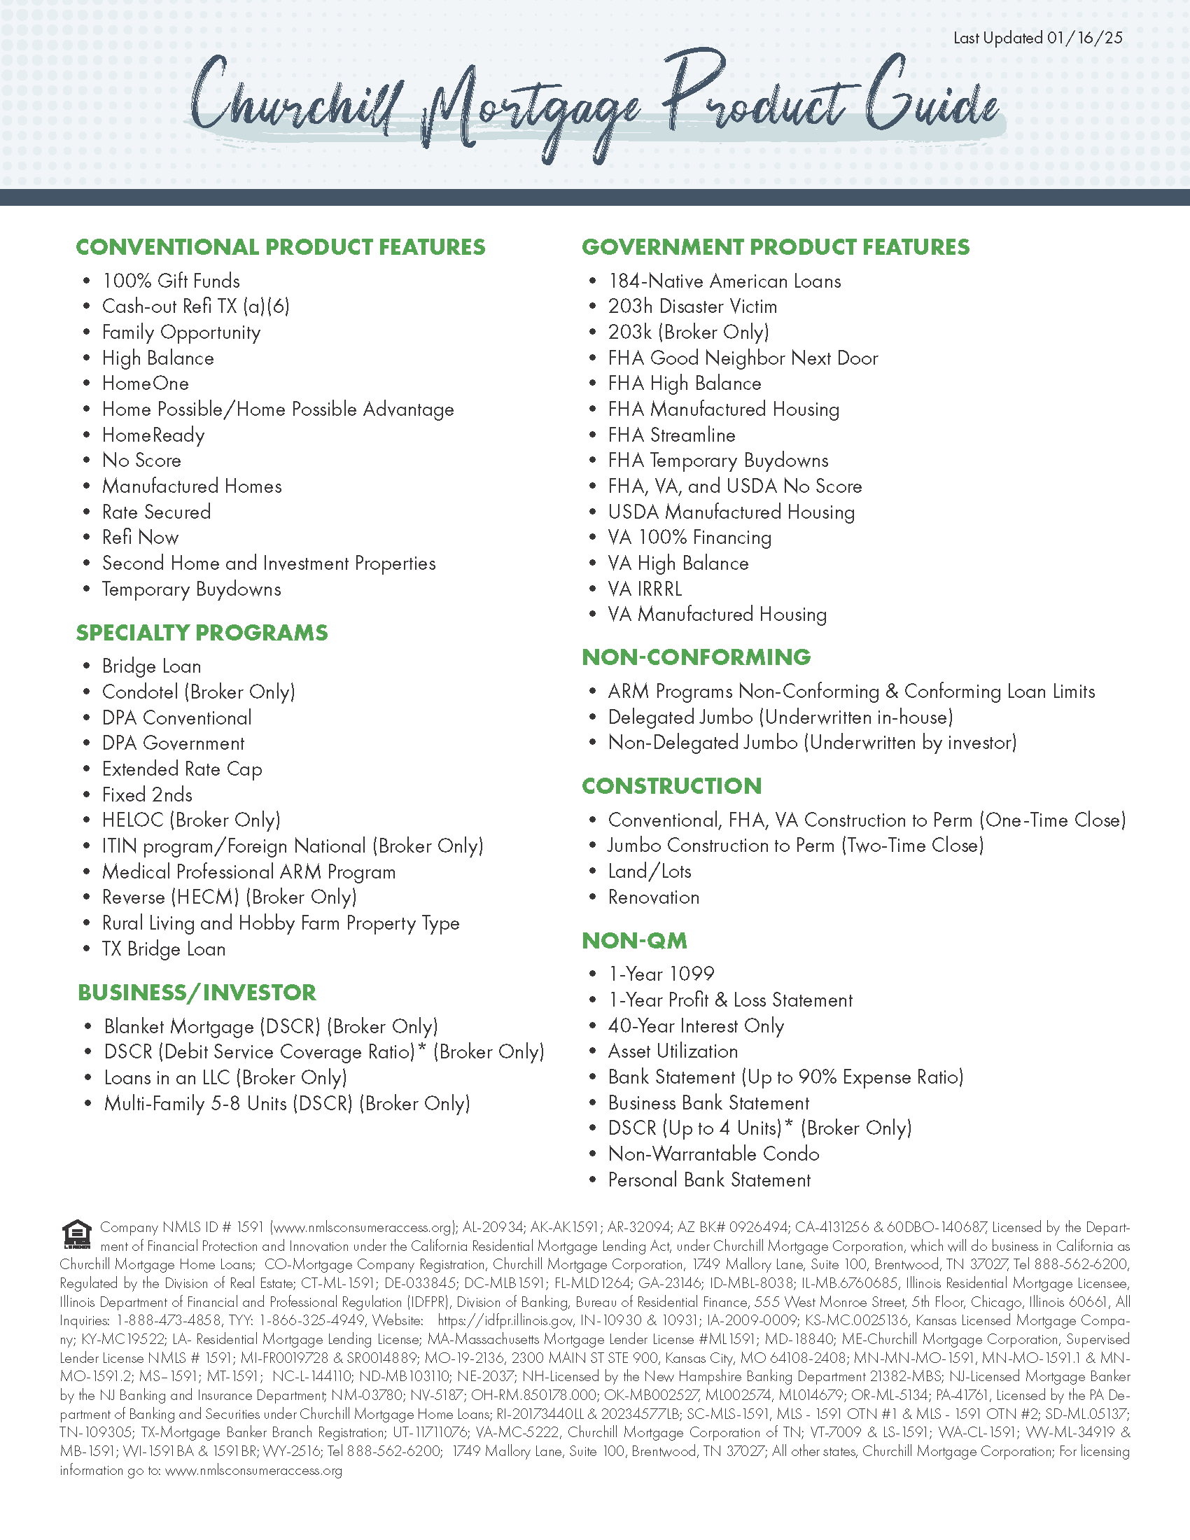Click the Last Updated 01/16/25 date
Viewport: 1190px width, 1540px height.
[x=1037, y=38]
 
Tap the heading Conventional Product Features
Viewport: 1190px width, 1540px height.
[x=281, y=247]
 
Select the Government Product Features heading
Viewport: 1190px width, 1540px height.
[x=776, y=247]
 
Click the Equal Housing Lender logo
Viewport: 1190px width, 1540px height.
[x=77, y=1233]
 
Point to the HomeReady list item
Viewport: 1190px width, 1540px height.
[x=153, y=435]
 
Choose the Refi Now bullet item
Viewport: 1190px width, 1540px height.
[x=140, y=538]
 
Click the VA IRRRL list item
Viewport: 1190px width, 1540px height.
[x=645, y=589]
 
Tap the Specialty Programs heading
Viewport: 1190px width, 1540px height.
[x=202, y=633]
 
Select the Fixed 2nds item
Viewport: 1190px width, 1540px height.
[x=146, y=794]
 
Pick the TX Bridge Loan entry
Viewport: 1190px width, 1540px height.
[x=164, y=949]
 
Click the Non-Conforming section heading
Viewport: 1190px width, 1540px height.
[x=696, y=657]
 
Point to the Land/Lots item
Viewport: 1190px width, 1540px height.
[x=650, y=871]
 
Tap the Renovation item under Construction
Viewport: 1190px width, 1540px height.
[x=654, y=897]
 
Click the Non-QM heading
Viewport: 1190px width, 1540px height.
[x=633, y=941]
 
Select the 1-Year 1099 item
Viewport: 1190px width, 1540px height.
[x=661, y=974]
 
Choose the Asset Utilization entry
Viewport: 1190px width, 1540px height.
[x=673, y=1051]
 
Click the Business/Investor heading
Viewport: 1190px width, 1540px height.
[x=197, y=993]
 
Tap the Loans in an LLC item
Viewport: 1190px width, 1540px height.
[x=225, y=1078]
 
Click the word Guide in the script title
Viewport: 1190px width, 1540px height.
[x=930, y=102]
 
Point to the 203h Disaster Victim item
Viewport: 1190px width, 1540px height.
[x=692, y=307]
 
